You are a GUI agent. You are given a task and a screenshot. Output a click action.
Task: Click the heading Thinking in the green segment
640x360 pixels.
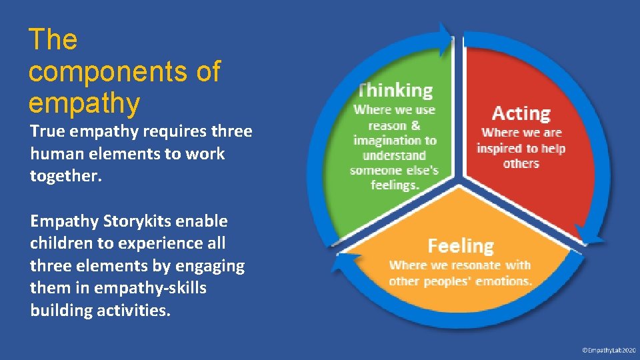click(395, 90)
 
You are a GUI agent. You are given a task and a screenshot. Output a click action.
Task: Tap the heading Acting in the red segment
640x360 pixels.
click(521, 113)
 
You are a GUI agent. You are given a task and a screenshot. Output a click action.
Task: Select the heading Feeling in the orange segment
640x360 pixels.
click(461, 246)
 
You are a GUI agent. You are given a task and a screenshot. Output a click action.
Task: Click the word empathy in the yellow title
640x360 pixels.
click(85, 103)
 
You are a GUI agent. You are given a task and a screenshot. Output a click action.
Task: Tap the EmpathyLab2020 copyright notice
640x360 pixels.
click(608, 350)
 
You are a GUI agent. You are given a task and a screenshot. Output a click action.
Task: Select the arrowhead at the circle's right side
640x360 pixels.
click(587, 230)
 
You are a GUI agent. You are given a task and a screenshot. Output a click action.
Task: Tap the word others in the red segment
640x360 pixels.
click(521, 163)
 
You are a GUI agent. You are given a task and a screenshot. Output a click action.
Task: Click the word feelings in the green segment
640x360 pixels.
click(395, 185)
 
